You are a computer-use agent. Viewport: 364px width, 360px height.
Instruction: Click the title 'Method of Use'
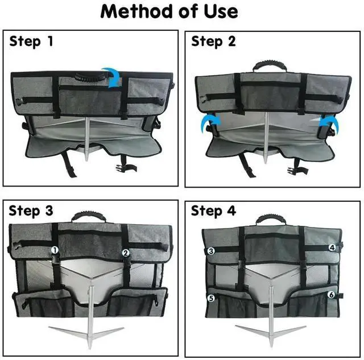tap(169, 12)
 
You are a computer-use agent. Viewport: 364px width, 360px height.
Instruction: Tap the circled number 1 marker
tap(55, 250)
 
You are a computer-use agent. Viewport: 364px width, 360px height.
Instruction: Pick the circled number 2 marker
tap(126, 253)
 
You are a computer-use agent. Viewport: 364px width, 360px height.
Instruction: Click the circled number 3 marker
tap(210, 250)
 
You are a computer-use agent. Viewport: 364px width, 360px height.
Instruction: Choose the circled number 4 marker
tap(332, 248)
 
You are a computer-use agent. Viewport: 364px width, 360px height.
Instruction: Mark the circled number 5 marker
tap(210, 297)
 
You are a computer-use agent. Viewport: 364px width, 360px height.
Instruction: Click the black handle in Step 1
tap(85, 74)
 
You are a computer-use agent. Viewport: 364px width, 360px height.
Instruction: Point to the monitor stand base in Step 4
tap(271, 329)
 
